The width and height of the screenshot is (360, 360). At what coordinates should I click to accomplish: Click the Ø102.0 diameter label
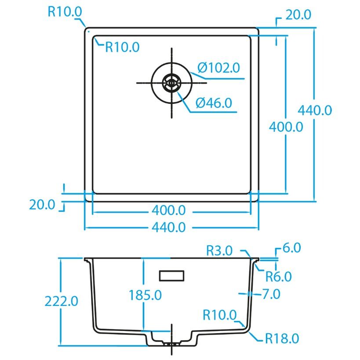(218, 68)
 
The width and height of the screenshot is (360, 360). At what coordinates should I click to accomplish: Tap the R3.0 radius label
(219, 251)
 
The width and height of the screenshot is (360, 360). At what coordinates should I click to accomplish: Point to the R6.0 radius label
(278, 276)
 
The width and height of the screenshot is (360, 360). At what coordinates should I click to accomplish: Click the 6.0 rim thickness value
(291, 248)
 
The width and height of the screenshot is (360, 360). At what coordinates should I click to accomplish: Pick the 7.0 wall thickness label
(271, 294)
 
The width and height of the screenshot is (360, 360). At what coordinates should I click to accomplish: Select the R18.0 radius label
(282, 338)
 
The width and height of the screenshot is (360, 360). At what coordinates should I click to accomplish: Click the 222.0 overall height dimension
(62, 301)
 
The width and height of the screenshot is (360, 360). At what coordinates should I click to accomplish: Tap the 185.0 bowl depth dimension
(145, 295)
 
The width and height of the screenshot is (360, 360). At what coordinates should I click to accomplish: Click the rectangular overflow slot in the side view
(171, 275)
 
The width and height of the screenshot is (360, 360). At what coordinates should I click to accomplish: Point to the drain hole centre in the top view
(171, 82)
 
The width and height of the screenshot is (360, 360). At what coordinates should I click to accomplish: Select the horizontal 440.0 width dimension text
(168, 227)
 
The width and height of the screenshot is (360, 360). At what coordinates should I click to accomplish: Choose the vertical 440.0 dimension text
(315, 110)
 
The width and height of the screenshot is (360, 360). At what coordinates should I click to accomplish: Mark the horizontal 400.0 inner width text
(168, 211)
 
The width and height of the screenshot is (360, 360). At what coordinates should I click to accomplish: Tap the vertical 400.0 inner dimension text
(286, 127)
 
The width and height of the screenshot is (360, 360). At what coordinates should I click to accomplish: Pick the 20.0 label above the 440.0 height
(298, 15)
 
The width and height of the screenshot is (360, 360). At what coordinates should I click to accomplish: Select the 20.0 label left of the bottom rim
(42, 204)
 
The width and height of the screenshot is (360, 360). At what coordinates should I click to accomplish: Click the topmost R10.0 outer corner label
(65, 11)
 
